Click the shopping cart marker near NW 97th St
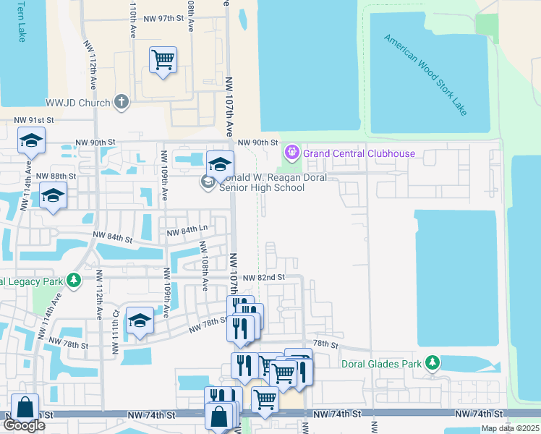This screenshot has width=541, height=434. coord(163,59)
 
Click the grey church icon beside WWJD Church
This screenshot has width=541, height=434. coord(122,103)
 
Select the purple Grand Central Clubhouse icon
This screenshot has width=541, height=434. coord(291,153)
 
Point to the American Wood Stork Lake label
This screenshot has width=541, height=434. coord(426,75)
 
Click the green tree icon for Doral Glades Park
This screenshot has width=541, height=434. coord(433,362)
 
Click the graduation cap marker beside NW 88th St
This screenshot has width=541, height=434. coord(53,197)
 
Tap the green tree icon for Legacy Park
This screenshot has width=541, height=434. coord(72,280)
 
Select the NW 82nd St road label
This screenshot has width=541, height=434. coord(264,277)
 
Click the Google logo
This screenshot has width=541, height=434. coord(24,426)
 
